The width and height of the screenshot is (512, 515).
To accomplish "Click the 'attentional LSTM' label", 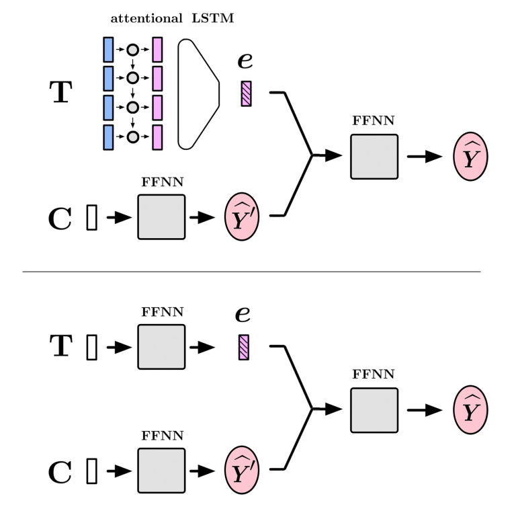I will (x=172, y=18).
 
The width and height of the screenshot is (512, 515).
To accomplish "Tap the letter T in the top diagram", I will (x=60, y=93).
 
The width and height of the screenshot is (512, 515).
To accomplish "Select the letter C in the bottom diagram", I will (x=60, y=473).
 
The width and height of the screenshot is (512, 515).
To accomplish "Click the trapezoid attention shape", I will (x=198, y=93).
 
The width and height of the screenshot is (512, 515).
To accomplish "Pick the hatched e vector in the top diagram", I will (x=246, y=93).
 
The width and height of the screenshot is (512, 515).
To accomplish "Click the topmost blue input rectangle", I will (x=108, y=50).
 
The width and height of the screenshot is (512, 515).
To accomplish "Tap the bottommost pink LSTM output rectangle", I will (x=157, y=137).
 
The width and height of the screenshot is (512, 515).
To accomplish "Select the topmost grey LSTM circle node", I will (x=133, y=50).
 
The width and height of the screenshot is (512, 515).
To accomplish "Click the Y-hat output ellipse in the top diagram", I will (x=470, y=157).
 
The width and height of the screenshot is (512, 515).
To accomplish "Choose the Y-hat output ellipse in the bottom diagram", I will (x=470, y=410).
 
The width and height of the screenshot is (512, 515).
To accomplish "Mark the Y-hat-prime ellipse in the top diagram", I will (x=241, y=217).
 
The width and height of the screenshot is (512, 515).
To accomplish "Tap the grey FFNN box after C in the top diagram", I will (x=161, y=217).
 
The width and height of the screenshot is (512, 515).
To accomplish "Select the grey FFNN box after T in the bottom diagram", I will (x=161, y=347).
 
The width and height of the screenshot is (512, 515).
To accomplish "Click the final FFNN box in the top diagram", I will (x=374, y=157).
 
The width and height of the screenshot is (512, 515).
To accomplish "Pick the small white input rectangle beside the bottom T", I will (x=92, y=347).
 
